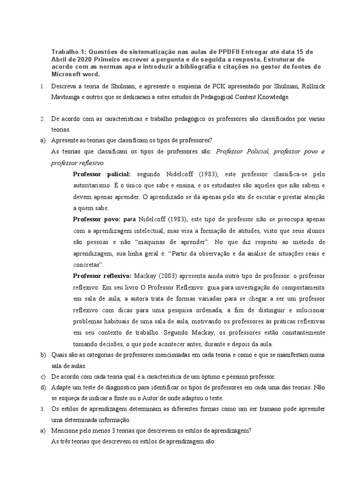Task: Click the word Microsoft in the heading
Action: pos(67,74)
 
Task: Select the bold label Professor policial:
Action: pos(102,174)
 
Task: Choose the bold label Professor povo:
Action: pos(101,219)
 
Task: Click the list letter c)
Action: pos(42,377)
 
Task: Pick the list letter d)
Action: pos(42,388)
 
